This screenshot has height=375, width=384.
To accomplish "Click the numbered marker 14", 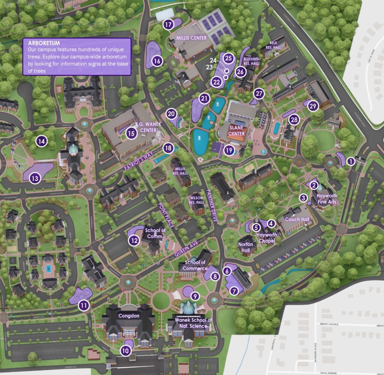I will [x=41, y=141].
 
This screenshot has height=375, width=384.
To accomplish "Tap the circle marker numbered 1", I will [x=351, y=161].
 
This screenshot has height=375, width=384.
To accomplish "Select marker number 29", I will [x=313, y=106].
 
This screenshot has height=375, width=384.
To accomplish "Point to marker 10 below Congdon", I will [x=126, y=351].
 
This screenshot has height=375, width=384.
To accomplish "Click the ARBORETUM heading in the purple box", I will [x=44, y=43].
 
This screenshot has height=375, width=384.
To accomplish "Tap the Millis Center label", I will [x=192, y=38].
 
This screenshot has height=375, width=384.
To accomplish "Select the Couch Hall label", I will [x=297, y=219].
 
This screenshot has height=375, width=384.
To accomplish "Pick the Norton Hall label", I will [x=246, y=247].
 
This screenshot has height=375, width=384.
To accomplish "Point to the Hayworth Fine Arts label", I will [x=327, y=199].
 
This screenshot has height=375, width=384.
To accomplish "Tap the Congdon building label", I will [x=129, y=316].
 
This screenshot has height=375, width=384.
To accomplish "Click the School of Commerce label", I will [x=195, y=265].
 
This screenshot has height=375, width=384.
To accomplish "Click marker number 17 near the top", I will [x=168, y=25].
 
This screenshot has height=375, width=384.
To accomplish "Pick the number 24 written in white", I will [x=213, y=60].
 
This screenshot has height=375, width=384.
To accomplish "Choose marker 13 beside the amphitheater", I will [x=35, y=178].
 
